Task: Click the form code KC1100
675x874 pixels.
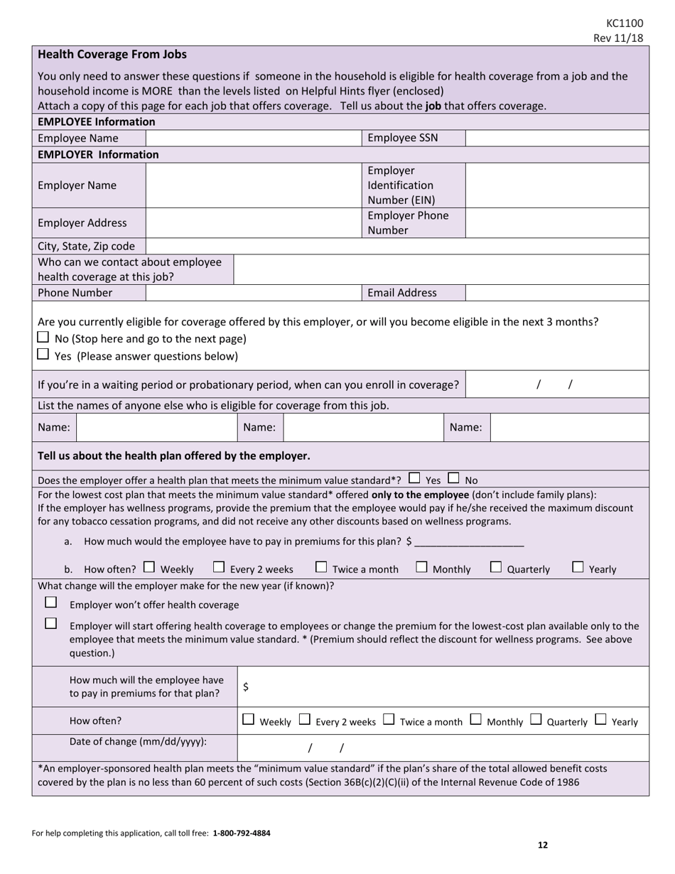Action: point(625,23)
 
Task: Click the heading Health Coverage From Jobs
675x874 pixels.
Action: point(112,55)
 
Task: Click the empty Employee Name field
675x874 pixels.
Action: point(254,138)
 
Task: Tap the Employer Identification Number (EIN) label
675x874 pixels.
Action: point(401,185)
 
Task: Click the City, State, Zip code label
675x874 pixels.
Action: point(86,246)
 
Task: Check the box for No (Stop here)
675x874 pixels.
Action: point(43,338)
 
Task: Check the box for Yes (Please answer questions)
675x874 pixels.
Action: point(43,354)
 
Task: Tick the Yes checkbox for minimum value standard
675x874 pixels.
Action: point(415,478)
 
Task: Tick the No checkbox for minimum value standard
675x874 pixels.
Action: point(454,478)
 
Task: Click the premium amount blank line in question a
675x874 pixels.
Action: point(469,541)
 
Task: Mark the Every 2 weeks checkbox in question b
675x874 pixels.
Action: point(220,567)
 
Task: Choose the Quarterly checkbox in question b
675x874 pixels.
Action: point(496,567)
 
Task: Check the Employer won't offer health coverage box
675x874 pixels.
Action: point(50,603)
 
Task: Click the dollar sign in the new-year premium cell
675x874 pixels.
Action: point(246,686)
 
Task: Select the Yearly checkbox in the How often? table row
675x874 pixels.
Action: point(601,720)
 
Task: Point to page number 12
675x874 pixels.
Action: point(542,845)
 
